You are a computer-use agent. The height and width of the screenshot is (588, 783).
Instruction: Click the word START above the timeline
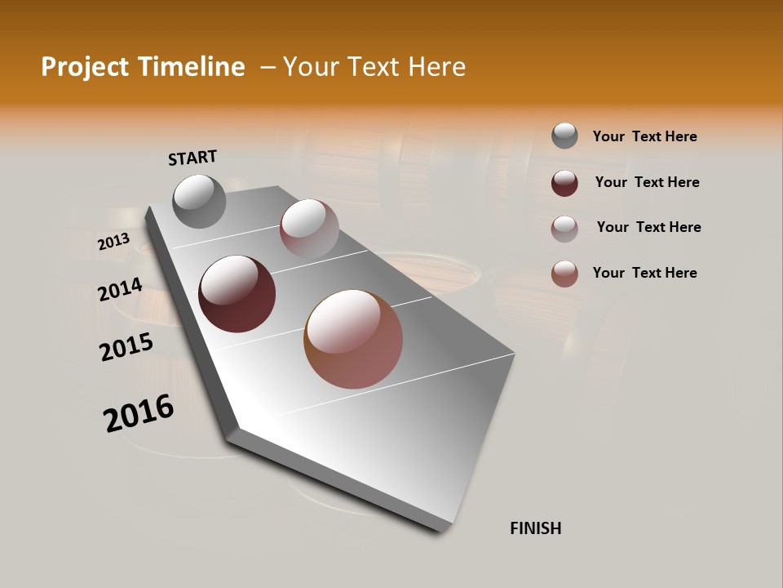[192, 158]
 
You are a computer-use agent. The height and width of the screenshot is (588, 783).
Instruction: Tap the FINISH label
[536, 528]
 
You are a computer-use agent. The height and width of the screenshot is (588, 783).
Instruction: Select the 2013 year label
[113, 242]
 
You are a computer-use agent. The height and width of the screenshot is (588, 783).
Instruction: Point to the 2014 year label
[121, 290]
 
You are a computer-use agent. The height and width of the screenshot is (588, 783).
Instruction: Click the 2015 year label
[126, 347]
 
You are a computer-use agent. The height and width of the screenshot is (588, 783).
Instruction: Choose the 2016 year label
[139, 413]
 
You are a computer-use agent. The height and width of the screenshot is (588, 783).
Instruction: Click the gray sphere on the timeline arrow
[200, 201]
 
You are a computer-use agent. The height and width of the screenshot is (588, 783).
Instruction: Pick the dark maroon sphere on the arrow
[237, 294]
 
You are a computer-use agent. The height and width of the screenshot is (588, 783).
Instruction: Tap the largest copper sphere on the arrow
[353, 339]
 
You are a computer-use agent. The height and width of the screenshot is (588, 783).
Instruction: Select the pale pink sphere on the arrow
[309, 228]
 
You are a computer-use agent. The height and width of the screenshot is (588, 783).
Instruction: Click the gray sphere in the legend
[564, 136]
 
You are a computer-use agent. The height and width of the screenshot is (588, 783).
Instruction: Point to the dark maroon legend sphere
[564, 183]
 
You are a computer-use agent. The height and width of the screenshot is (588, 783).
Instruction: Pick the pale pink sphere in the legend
[564, 229]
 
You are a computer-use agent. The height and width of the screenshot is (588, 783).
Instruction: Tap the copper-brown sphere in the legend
[564, 274]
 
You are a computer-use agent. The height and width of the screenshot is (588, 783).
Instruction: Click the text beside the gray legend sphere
[644, 136]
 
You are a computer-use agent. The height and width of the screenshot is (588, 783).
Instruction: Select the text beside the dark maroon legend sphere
[647, 182]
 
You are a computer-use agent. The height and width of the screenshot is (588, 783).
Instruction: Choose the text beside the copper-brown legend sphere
[644, 273]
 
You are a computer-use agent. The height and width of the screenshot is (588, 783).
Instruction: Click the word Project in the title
[84, 67]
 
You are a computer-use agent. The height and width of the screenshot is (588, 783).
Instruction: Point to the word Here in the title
[436, 67]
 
